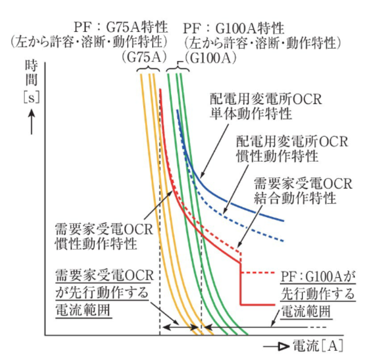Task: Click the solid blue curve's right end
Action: click(x=283, y=220)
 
